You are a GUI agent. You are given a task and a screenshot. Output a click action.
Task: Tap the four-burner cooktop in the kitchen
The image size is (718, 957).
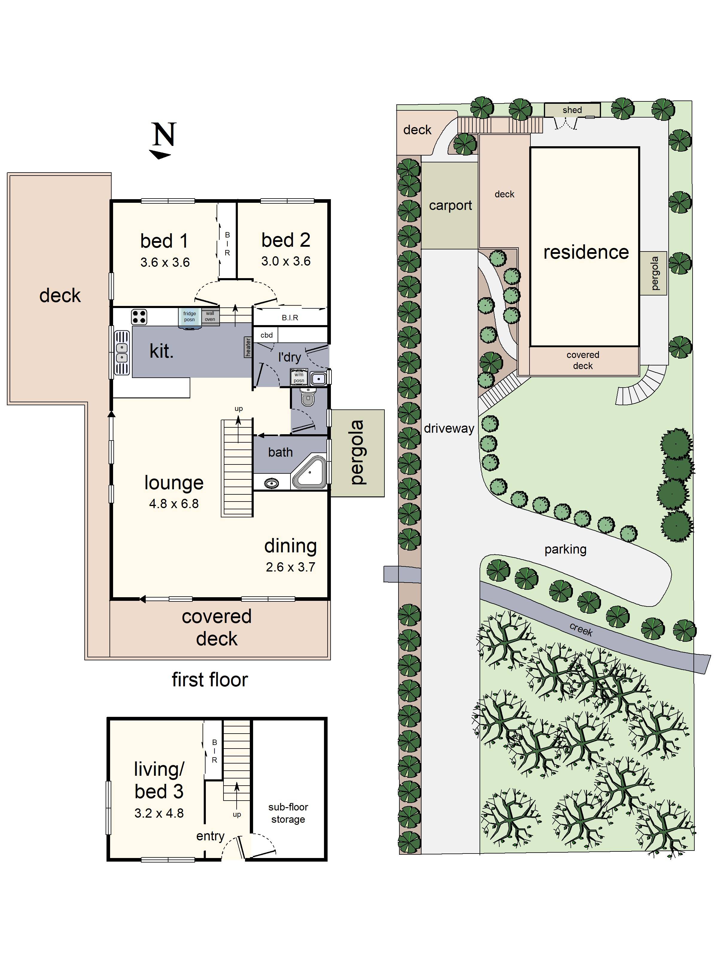[139, 317]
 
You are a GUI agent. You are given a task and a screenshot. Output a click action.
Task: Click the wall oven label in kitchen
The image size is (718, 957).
[210, 316]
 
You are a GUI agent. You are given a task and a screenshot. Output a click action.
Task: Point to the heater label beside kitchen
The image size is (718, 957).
[248, 347]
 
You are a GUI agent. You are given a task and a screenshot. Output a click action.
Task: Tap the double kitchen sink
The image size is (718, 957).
[122, 353]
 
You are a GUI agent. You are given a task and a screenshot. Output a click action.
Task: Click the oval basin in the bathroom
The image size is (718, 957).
[271, 483]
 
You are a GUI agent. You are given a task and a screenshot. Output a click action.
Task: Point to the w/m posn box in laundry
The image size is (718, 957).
[299, 377]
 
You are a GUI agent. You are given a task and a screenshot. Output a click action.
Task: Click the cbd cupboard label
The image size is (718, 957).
[266, 335]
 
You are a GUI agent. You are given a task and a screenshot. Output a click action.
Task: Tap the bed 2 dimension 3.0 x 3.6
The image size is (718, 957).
[286, 261]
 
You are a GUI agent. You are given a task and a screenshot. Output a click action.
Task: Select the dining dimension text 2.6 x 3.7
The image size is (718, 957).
[290, 567]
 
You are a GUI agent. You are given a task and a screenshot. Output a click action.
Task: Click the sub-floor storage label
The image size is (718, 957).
[288, 813]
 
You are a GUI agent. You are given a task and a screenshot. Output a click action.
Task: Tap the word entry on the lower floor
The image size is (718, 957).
[210, 836]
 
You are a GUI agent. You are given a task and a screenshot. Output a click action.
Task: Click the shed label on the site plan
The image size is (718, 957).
[572, 110]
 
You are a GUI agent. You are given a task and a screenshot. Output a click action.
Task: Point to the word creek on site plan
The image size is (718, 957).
[580, 630]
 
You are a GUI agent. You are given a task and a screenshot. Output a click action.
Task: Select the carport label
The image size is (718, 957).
[450, 205]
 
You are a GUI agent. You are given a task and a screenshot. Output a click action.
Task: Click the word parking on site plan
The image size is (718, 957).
[565, 549]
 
